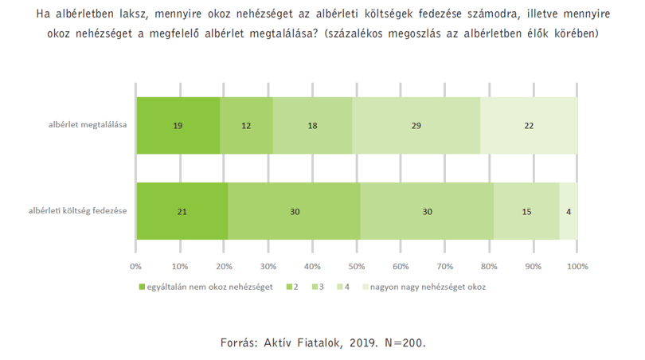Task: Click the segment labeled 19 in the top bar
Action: pos(178,126)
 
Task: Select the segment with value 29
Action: pos(416,126)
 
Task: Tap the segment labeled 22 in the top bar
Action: pos(529,126)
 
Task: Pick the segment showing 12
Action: pos(246,126)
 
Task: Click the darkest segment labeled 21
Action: pos(182,211)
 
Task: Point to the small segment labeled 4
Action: pos(569,211)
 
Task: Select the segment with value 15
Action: pos(526,211)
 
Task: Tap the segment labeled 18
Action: pos(312,126)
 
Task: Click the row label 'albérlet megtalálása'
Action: pos(88,125)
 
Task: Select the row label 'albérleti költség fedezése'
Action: pos(77,210)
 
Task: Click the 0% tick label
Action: pos(135,266)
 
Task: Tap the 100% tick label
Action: pos(577,266)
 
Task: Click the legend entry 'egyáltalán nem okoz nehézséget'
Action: pos(205,287)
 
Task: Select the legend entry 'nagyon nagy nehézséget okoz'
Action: pos(424,287)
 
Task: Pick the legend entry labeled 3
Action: pos(318,287)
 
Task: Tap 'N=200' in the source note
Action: pos(405,342)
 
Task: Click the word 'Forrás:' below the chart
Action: pos(238,342)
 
